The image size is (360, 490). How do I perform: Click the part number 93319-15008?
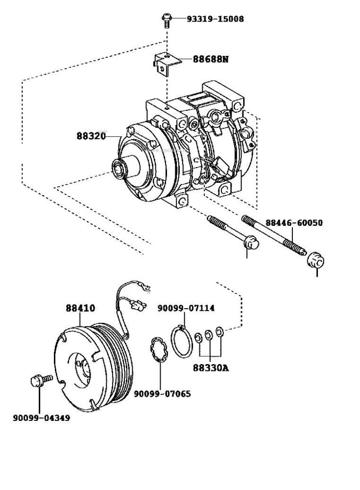pyautogui.click(x=215, y=19)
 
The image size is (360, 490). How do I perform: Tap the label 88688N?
pyautogui.click(x=210, y=59)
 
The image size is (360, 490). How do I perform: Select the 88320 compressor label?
pyautogui.click(x=91, y=136)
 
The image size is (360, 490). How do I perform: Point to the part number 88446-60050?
pyautogui.click(x=294, y=223)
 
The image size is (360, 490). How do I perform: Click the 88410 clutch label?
pyautogui.click(x=80, y=308)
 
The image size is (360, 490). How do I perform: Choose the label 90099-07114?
pyautogui.click(x=186, y=308)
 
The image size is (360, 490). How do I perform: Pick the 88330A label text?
pyautogui.click(x=211, y=368)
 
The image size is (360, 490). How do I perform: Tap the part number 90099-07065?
pyautogui.click(x=162, y=394)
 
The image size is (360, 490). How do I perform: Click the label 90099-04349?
pyautogui.click(x=41, y=418)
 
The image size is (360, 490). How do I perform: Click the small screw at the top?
pyautogui.click(x=166, y=20)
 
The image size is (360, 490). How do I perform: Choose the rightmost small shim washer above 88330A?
pyautogui.click(x=220, y=332)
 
